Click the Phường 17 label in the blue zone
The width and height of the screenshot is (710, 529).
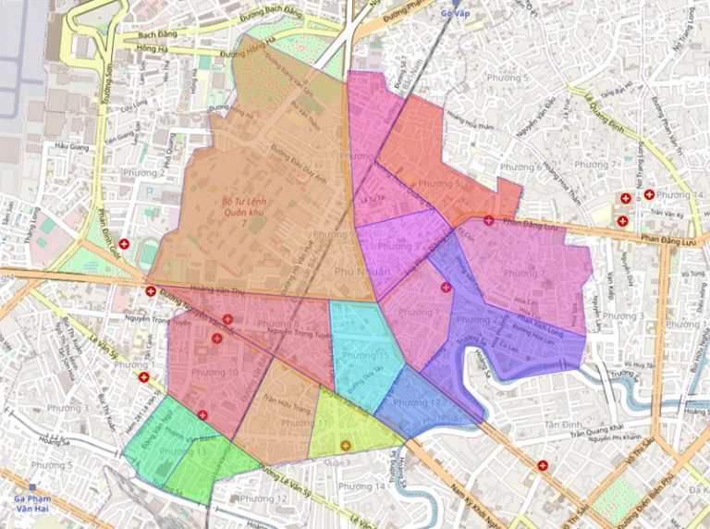click(x=416, y=403)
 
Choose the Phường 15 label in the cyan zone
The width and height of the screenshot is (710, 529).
click(x=364, y=356)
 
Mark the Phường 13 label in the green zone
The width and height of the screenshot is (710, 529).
click(x=182, y=451)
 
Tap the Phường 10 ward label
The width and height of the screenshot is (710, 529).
click(x=214, y=373)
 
